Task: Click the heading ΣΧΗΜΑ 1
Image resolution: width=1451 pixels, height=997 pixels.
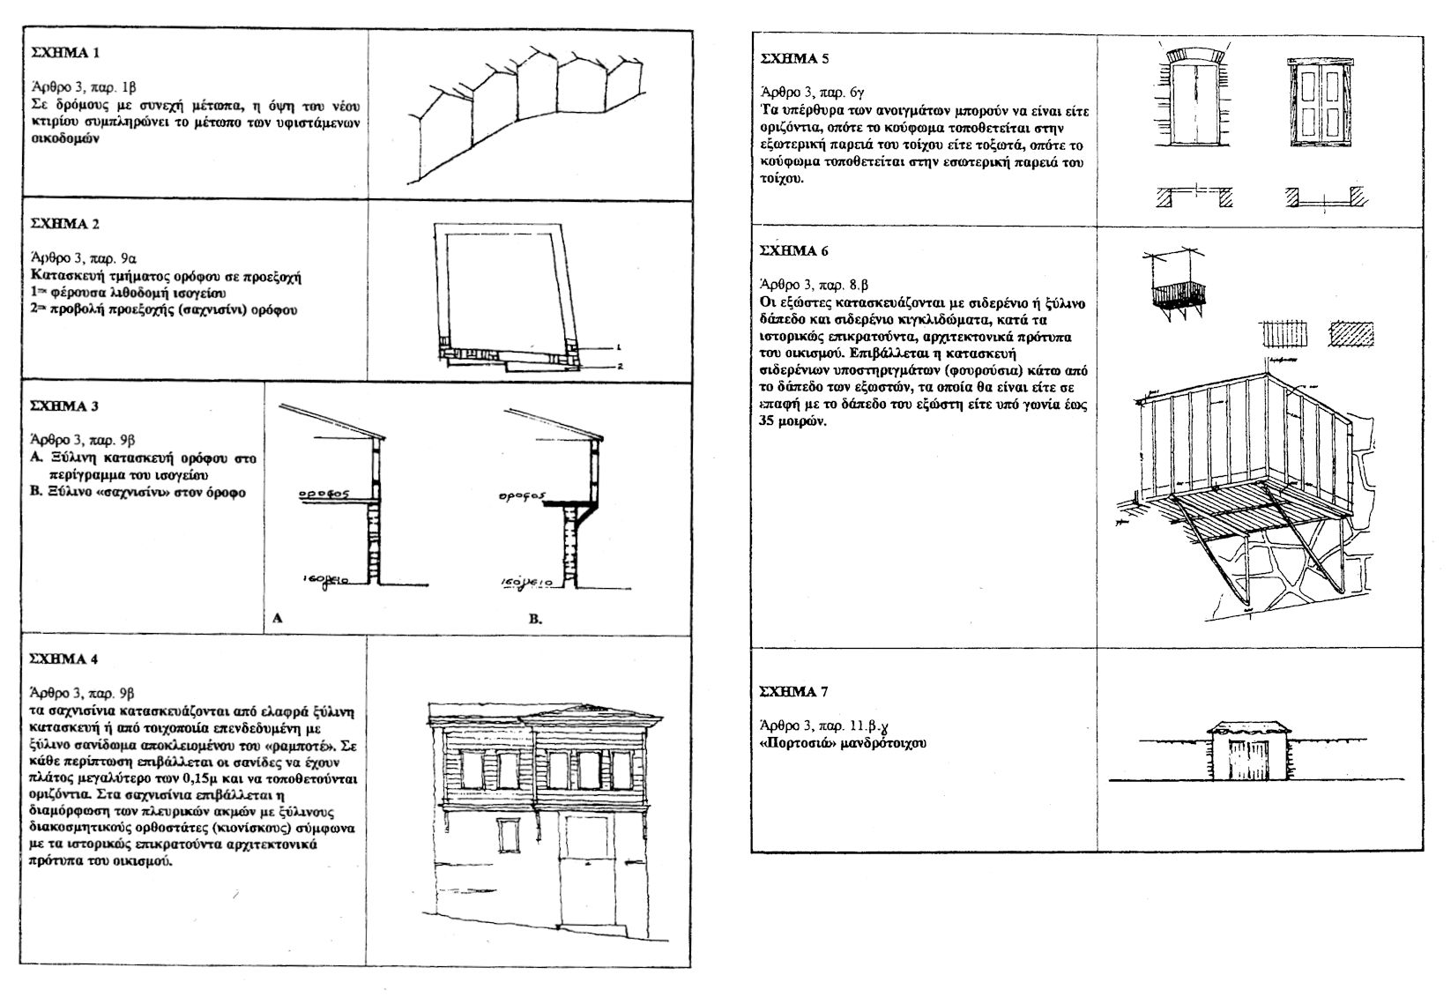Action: pyautogui.click(x=60, y=53)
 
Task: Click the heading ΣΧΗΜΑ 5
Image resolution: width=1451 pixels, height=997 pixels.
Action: pyautogui.click(x=794, y=60)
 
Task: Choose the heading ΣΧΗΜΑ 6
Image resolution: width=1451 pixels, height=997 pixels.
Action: pyautogui.click(x=794, y=250)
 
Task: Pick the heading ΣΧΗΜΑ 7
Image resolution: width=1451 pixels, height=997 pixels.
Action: pyautogui.click(x=794, y=692)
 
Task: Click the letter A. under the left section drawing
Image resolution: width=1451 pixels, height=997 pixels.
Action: pyautogui.click(x=277, y=619)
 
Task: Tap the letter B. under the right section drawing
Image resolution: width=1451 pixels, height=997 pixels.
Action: pyautogui.click(x=535, y=620)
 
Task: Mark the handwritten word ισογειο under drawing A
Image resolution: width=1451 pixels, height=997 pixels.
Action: pyautogui.click(x=327, y=580)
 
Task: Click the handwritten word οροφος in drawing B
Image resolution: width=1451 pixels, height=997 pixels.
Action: pyautogui.click(x=520, y=495)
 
